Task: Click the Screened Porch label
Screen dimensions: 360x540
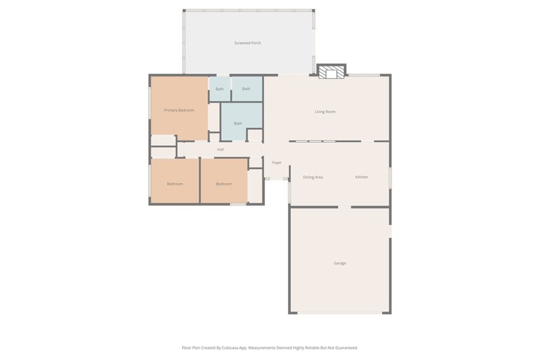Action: (x=248, y=43)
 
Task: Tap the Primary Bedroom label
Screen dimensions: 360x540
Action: (x=179, y=110)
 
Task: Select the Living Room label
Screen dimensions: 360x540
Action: (x=325, y=112)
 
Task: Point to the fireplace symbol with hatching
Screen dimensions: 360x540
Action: (x=332, y=72)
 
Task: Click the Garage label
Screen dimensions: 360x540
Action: (x=340, y=263)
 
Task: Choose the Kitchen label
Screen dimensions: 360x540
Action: (x=361, y=177)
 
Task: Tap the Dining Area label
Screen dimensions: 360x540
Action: (x=313, y=177)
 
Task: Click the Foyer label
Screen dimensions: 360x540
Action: (x=277, y=163)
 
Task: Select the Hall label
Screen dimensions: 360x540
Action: (x=220, y=150)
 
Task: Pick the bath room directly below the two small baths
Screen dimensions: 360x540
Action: (x=238, y=123)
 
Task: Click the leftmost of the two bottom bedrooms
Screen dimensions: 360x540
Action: (x=175, y=183)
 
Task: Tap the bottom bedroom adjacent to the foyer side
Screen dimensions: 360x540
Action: (x=224, y=183)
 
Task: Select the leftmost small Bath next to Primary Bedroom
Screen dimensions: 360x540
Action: (x=219, y=89)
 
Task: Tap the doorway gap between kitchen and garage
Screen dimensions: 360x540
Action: (x=344, y=207)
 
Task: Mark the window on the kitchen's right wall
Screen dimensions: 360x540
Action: (x=390, y=177)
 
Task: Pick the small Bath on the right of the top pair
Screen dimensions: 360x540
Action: (x=246, y=89)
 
